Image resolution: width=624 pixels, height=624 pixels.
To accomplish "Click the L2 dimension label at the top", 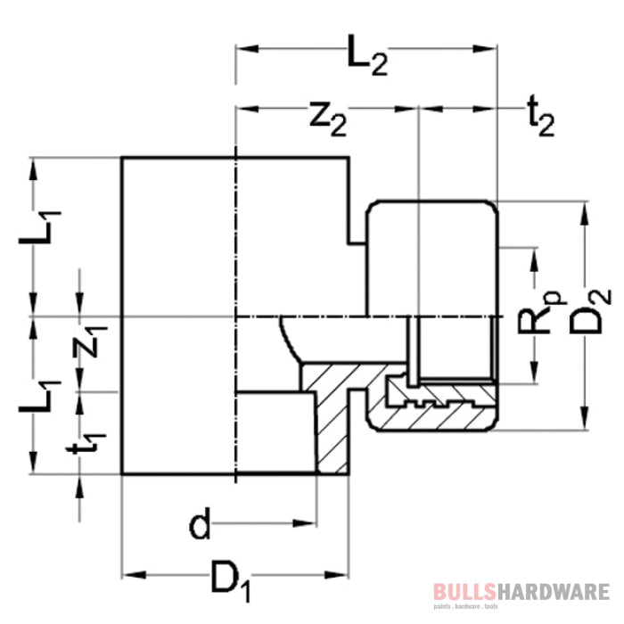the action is [367, 55].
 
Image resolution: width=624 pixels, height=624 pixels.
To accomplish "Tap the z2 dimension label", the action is [328, 119].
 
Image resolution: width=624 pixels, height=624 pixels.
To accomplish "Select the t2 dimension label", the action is [540, 117].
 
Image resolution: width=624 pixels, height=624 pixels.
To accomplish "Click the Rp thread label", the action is [541, 312].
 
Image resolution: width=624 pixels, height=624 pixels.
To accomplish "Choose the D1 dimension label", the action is [231, 579].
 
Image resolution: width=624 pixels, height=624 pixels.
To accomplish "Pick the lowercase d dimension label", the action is [200, 522].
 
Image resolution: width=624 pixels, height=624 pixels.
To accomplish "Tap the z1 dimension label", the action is [90, 341].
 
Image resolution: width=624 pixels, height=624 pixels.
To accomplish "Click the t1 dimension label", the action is [86, 443].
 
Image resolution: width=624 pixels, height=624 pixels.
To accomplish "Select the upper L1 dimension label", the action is [40, 227].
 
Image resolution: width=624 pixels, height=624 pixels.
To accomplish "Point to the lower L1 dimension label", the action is [40, 397].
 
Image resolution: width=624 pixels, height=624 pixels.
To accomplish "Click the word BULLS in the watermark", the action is [464, 592].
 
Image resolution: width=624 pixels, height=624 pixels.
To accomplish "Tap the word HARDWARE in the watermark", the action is [553, 592].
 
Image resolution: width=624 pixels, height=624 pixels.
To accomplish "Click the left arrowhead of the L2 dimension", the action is [247, 49].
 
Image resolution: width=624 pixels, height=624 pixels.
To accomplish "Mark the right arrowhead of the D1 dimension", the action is [337, 575].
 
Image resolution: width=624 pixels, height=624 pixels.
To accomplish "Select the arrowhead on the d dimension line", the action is [305, 523].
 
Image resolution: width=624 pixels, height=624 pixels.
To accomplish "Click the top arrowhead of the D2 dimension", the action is [584, 214].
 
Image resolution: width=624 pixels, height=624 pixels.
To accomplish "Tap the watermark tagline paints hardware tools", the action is [465, 607].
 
